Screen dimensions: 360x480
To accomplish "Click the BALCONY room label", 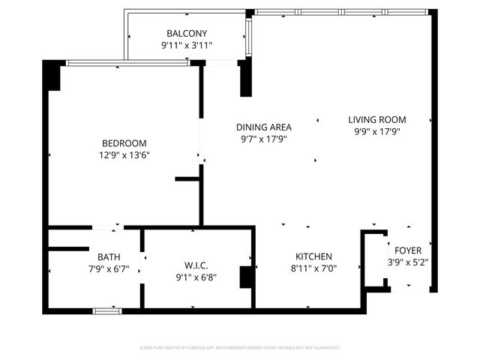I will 187,34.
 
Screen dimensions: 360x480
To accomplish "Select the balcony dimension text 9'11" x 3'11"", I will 187,46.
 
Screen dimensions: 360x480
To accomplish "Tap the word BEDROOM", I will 124,143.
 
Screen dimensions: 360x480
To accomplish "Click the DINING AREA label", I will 264,127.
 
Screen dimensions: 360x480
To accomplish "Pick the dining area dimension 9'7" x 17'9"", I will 264,139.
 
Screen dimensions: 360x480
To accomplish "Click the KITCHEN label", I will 313,256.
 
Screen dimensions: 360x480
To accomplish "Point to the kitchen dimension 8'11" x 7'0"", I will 313,268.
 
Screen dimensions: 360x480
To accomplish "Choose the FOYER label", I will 409,250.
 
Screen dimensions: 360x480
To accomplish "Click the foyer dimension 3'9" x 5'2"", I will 409,262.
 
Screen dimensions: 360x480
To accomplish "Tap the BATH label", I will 98,256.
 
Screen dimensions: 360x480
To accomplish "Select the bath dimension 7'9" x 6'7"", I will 98,268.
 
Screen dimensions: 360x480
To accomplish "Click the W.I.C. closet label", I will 196,265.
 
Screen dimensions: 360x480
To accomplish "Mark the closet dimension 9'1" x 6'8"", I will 196,277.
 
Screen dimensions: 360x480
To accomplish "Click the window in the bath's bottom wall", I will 107,310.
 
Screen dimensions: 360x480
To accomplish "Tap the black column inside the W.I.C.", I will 246,277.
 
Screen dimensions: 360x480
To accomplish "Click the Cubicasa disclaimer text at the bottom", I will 240,348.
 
